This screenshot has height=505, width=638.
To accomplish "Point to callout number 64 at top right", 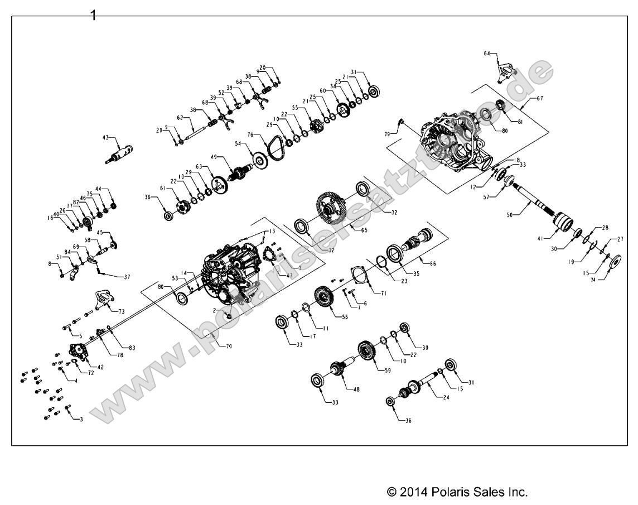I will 487,54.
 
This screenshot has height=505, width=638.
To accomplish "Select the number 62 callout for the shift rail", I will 180,118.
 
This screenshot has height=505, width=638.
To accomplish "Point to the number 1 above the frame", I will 93,15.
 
